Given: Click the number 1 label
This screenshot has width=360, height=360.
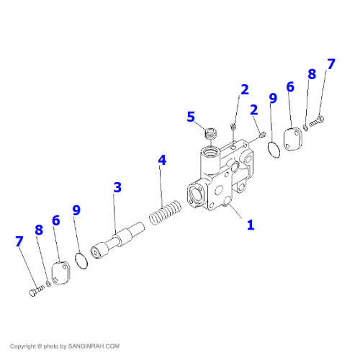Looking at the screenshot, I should [251, 225].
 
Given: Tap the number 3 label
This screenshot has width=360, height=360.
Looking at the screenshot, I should [117, 187].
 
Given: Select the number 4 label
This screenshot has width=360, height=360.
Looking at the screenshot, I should [162, 160].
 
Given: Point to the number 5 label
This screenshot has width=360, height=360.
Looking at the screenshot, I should [191, 117].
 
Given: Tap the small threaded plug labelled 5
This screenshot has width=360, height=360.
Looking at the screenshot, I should [210, 132].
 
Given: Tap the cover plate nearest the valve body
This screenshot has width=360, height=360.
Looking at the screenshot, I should [294, 140].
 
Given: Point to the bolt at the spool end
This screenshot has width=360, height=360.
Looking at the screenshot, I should [35, 290].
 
